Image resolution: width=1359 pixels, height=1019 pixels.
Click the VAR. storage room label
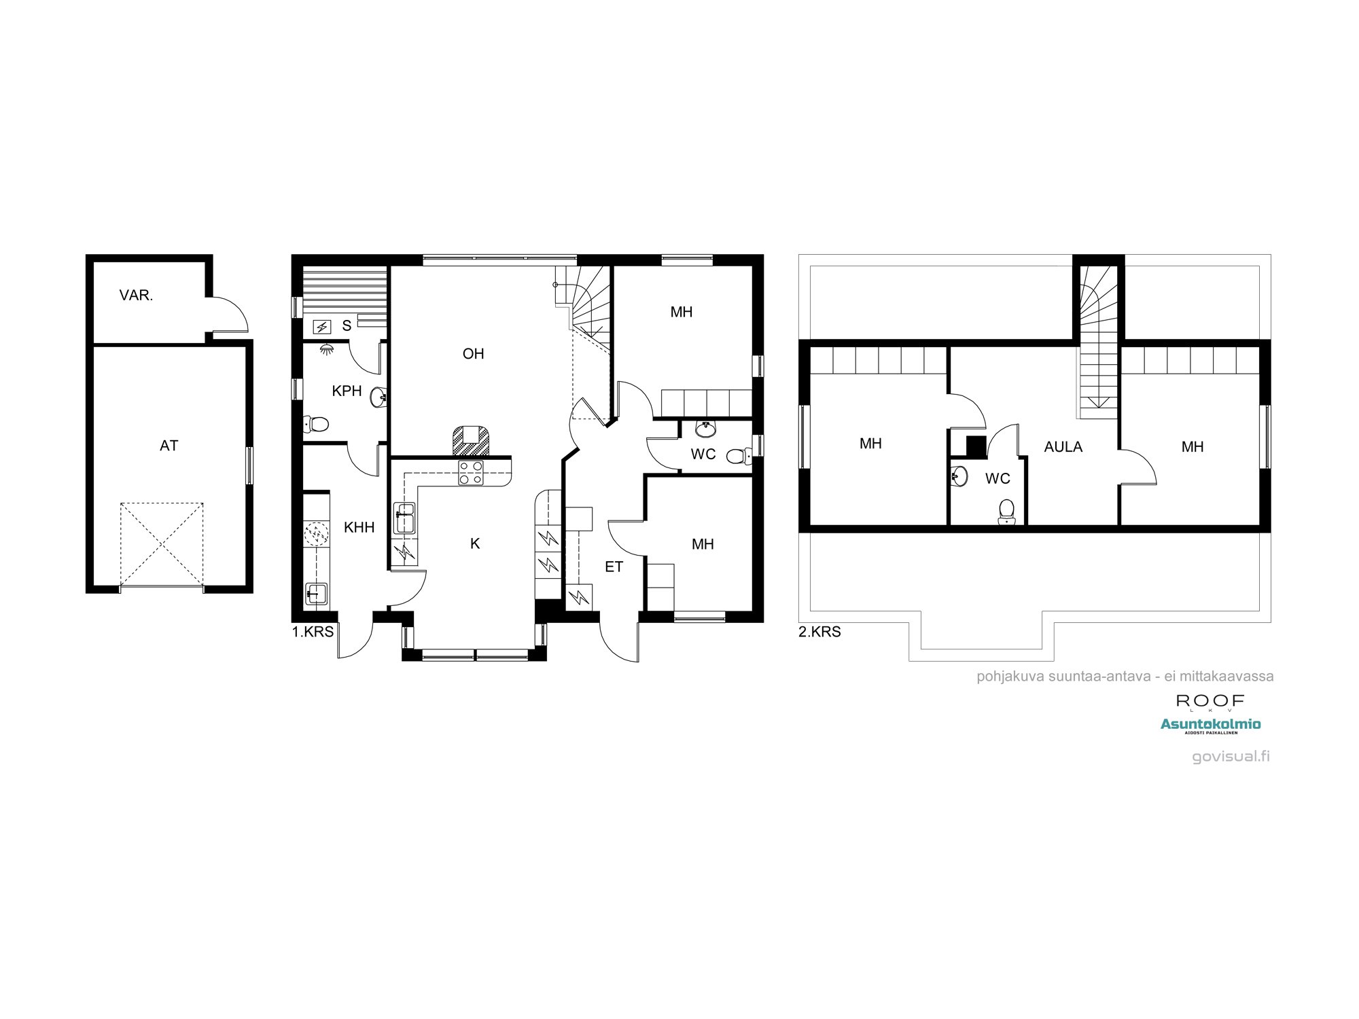point(136,296)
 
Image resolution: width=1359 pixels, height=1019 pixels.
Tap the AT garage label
point(169,446)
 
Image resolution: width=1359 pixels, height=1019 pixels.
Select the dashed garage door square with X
point(162,543)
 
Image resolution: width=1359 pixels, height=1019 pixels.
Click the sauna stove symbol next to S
point(321,327)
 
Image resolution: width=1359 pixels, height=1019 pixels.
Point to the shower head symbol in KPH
point(328,349)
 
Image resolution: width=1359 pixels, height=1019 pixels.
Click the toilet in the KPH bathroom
point(315,425)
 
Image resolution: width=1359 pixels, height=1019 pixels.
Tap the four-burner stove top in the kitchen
point(471,473)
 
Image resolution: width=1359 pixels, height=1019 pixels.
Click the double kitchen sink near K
point(404,518)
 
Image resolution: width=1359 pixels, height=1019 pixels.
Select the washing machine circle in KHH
point(316,534)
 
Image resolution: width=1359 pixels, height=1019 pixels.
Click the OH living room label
point(473,354)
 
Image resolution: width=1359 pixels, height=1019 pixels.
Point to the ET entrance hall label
point(614,567)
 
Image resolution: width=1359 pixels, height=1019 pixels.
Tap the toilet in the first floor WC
point(737,456)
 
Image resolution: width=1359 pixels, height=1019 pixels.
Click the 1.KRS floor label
point(313,632)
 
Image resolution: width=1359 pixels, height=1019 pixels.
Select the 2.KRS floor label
point(819,632)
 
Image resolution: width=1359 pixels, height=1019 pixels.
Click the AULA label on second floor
point(1063,447)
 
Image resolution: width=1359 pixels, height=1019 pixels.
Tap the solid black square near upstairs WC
point(976,446)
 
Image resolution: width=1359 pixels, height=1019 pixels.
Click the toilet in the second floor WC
point(1007,511)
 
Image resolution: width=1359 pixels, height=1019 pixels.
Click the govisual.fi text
point(1231,756)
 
